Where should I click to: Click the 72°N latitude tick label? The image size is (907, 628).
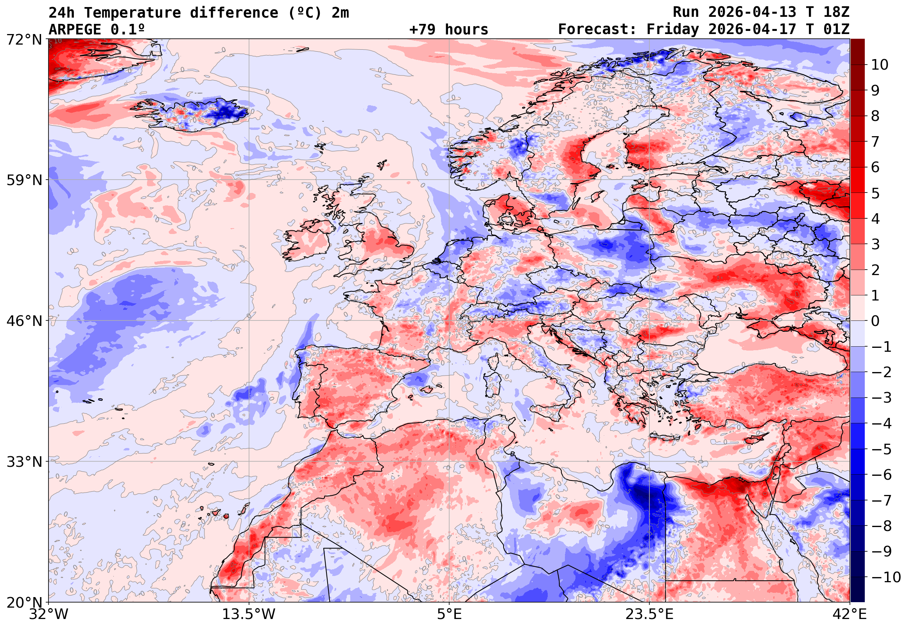[x=23, y=40]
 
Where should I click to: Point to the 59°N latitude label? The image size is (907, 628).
[x=23, y=180]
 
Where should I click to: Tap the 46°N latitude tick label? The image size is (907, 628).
[x=23, y=321]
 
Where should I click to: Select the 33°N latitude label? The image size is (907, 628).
[x=23, y=462]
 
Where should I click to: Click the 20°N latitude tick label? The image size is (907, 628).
[x=23, y=603]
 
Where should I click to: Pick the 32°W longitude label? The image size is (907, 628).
[x=48, y=614]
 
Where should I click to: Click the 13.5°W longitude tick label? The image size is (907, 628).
[x=249, y=614]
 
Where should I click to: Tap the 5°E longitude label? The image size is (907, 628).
[x=449, y=614]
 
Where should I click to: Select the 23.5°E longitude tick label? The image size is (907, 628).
[x=649, y=614]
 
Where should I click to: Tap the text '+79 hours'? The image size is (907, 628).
[x=448, y=29]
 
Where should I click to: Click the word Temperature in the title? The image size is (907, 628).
[x=132, y=13]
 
